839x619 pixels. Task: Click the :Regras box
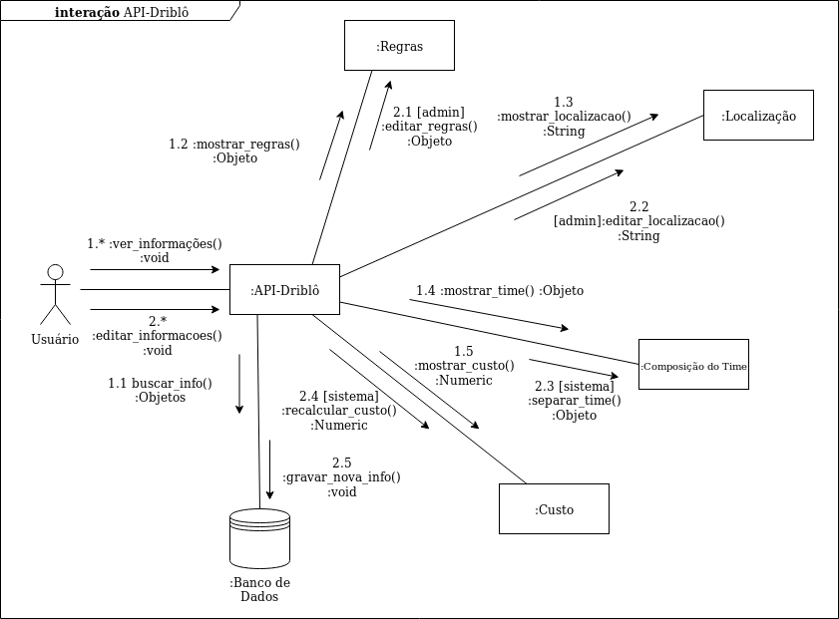pos(399,46)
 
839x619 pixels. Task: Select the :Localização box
pos(758,116)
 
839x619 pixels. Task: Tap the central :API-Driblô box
pos(284,290)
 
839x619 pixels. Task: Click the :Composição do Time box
pos(693,366)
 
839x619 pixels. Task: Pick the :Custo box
pos(554,509)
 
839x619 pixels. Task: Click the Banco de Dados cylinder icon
pos(259,538)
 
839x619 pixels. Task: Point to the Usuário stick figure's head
pos(56,272)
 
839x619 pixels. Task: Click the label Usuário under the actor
pos(55,339)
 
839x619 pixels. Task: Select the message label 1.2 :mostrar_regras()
pos(234,151)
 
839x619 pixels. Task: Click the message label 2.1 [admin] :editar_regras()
pos(429,127)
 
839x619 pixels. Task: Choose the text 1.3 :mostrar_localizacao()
pos(564,117)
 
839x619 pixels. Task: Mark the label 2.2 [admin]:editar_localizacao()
pos(638,221)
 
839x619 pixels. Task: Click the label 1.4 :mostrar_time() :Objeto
pos(500,291)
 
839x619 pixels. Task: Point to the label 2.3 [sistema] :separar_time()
pos(575,401)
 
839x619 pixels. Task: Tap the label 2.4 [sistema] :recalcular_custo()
pos(339,411)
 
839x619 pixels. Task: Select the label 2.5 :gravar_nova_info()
pos(342,477)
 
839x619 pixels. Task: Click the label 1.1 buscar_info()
pos(160,390)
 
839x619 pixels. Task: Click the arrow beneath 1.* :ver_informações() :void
pos(155,270)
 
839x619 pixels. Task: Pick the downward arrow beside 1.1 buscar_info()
pos(239,384)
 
